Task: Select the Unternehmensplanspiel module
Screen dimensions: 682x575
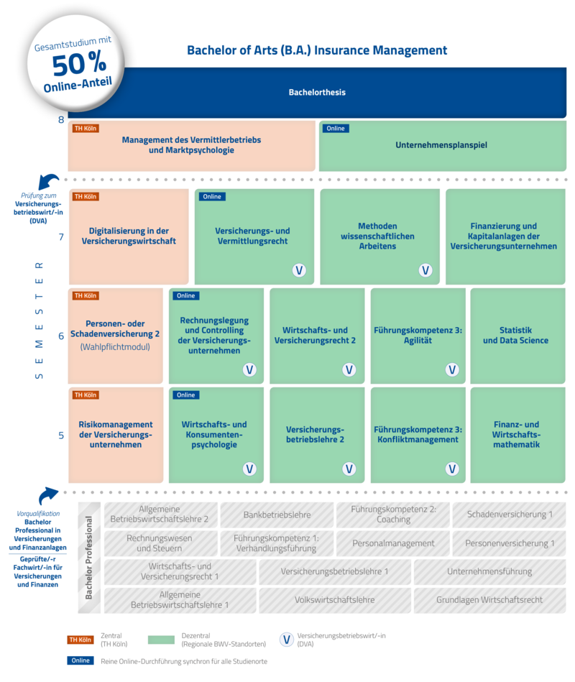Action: click(441, 145)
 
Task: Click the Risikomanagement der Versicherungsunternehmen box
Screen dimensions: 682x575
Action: click(115, 435)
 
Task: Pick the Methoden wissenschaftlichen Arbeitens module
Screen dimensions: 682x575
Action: click(379, 236)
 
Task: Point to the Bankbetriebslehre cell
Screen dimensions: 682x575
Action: click(277, 515)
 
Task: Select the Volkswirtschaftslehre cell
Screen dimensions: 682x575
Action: click(334, 599)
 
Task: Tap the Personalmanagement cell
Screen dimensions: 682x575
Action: click(393, 543)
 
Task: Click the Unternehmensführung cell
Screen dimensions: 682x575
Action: click(489, 571)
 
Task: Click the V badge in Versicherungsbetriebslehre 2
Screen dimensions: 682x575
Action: click(349, 469)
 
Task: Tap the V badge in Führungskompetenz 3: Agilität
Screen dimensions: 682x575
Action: click(451, 369)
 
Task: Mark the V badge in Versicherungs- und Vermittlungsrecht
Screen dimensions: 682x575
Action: click(299, 270)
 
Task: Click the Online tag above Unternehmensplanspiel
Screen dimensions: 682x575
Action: click(336, 129)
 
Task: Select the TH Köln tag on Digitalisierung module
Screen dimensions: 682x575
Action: click(86, 197)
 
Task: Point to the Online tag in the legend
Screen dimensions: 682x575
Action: click(80, 660)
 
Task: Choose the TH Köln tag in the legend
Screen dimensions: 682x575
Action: click(80, 640)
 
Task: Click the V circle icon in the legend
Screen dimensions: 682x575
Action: click(286, 640)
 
